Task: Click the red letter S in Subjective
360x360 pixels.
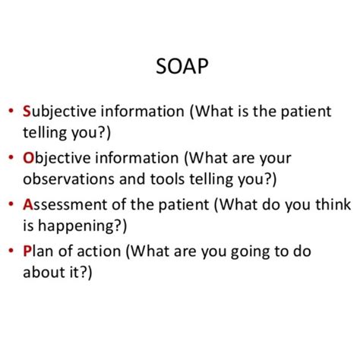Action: tap(27, 112)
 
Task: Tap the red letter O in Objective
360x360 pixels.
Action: tap(29, 158)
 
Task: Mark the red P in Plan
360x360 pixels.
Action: tap(27, 250)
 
